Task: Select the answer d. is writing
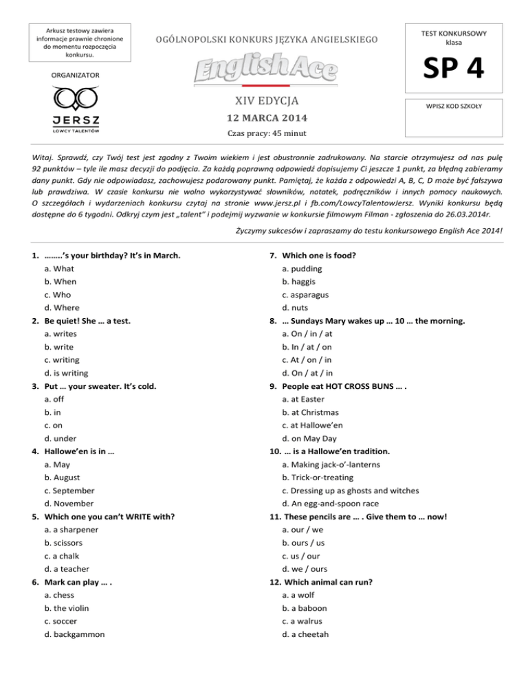(x=65, y=373)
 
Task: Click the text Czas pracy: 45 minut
(x=264, y=134)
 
